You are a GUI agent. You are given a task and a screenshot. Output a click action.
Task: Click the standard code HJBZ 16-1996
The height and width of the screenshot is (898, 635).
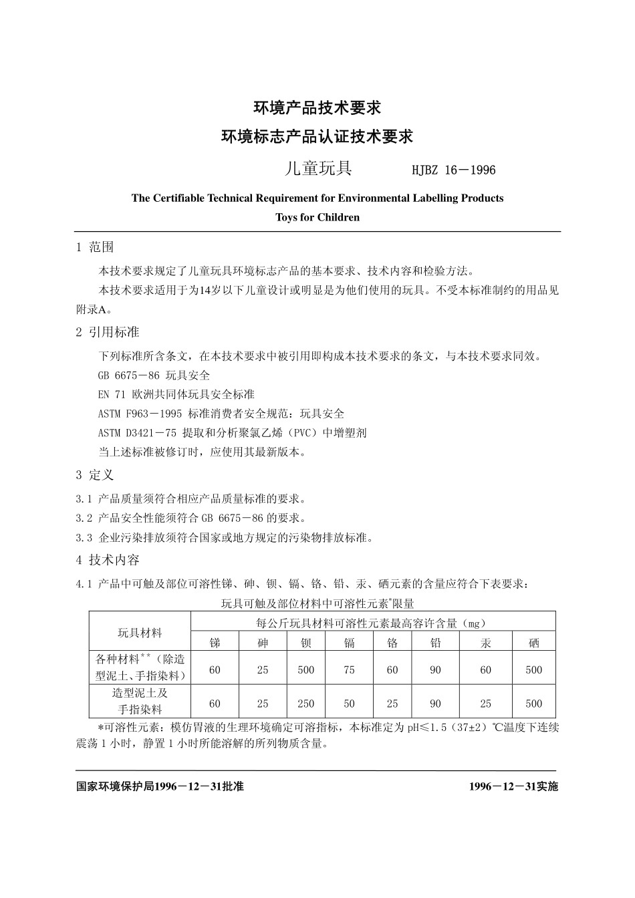(x=454, y=170)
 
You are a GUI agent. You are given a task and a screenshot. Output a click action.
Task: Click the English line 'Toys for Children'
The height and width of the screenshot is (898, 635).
(x=317, y=217)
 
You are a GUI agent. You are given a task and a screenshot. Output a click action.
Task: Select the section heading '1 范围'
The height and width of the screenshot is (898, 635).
(x=95, y=247)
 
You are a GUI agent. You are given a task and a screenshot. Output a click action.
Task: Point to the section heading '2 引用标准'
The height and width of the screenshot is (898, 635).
(x=108, y=332)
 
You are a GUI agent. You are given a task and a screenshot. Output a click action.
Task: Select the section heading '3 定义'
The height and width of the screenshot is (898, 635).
(x=95, y=475)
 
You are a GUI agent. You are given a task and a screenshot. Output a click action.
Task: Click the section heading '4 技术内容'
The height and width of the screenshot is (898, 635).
(x=108, y=560)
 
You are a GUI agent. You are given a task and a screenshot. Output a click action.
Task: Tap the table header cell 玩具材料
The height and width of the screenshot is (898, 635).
(x=140, y=632)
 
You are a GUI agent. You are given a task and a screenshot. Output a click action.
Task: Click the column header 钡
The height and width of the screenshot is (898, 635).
(x=306, y=643)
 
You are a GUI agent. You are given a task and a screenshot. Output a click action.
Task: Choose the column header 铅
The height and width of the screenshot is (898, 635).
(x=436, y=643)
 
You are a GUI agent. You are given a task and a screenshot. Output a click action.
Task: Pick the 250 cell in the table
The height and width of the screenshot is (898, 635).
(x=306, y=703)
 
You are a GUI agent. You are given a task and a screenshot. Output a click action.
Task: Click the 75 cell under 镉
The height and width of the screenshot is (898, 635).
(x=349, y=669)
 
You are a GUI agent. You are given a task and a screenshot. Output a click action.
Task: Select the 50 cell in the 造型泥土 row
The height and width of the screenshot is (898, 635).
(x=349, y=703)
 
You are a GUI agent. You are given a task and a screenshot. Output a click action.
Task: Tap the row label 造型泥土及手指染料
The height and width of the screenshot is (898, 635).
(x=140, y=702)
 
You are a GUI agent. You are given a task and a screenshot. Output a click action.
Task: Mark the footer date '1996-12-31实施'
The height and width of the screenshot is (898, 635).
(x=513, y=786)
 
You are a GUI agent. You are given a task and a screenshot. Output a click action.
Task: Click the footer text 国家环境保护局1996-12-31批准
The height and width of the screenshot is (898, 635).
(x=160, y=786)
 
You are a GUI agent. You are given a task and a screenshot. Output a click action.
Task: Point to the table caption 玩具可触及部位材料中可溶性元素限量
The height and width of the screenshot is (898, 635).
(x=317, y=603)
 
